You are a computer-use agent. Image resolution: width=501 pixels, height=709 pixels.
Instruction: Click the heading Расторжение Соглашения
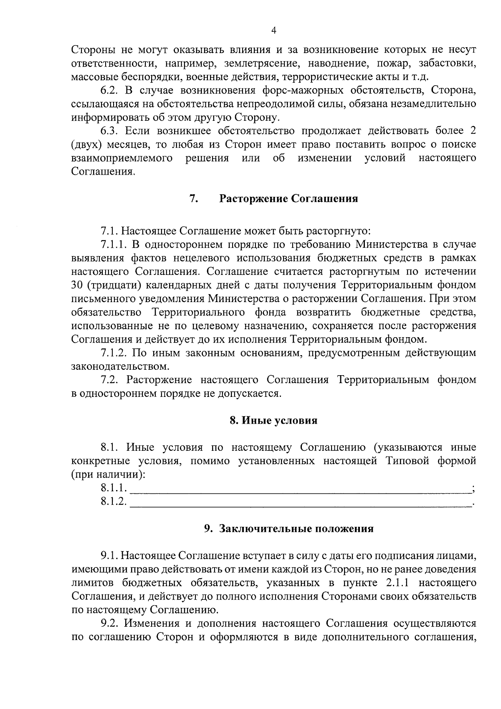coord(288,198)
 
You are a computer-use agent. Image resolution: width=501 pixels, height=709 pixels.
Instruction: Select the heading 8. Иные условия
coord(273,420)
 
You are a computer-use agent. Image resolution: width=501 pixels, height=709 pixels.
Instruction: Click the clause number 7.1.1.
coord(114,244)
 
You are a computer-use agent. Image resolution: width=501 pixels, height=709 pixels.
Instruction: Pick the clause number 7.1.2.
coord(114,353)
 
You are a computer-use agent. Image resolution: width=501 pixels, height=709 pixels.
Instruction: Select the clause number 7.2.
coord(109,380)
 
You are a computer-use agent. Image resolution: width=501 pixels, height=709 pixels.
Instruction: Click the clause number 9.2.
coord(109,624)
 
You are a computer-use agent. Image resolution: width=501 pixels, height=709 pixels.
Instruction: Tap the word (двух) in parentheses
coord(86,145)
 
